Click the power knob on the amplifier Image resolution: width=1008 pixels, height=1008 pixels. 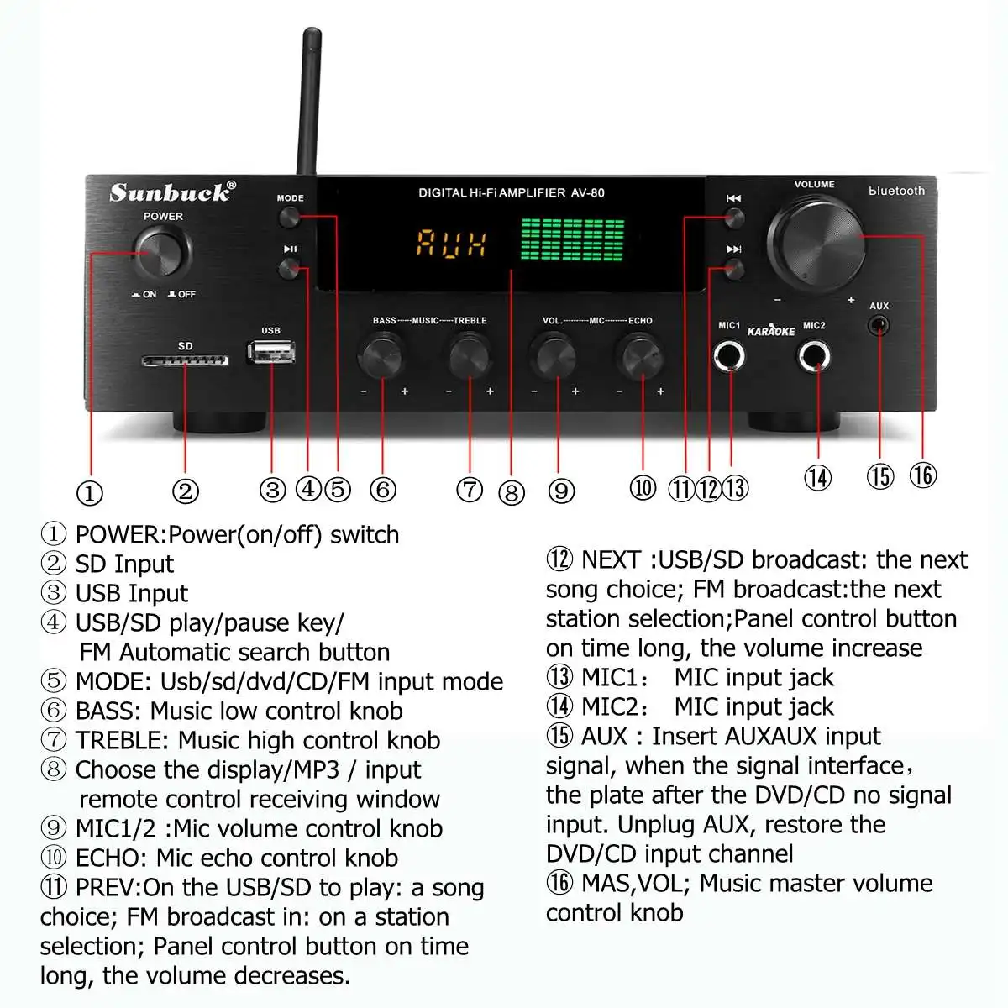pyautogui.click(x=163, y=251)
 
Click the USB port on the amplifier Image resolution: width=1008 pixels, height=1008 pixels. pyautogui.click(x=270, y=351)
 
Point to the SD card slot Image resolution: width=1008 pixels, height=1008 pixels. pyautogui.click(x=185, y=361)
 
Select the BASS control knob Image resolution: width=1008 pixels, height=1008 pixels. pyautogui.click(x=381, y=356)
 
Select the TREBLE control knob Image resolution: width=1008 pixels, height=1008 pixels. pyautogui.click(x=470, y=356)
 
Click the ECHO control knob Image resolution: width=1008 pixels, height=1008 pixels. pyautogui.click(x=640, y=356)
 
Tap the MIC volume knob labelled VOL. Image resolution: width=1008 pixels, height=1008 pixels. pyautogui.click(x=554, y=356)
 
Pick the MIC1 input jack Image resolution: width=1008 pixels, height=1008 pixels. pyautogui.click(x=729, y=357)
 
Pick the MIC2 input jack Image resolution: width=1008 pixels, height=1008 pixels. pyautogui.click(x=814, y=357)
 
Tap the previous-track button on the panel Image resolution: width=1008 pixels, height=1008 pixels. pyautogui.click(x=734, y=219)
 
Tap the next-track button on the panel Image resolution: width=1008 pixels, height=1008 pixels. pyautogui.click(x=734, y=270)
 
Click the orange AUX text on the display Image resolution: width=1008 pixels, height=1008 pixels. pyautogui.click(x=452, y=244)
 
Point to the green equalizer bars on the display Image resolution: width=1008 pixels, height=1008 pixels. pyautogui.click(x=572, y=241)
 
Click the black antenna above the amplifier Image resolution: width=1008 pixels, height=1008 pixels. pyautogui.click(x=307, y=101)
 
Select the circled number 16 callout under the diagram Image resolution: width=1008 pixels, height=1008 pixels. pyautogui.click(x=922, y=475)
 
